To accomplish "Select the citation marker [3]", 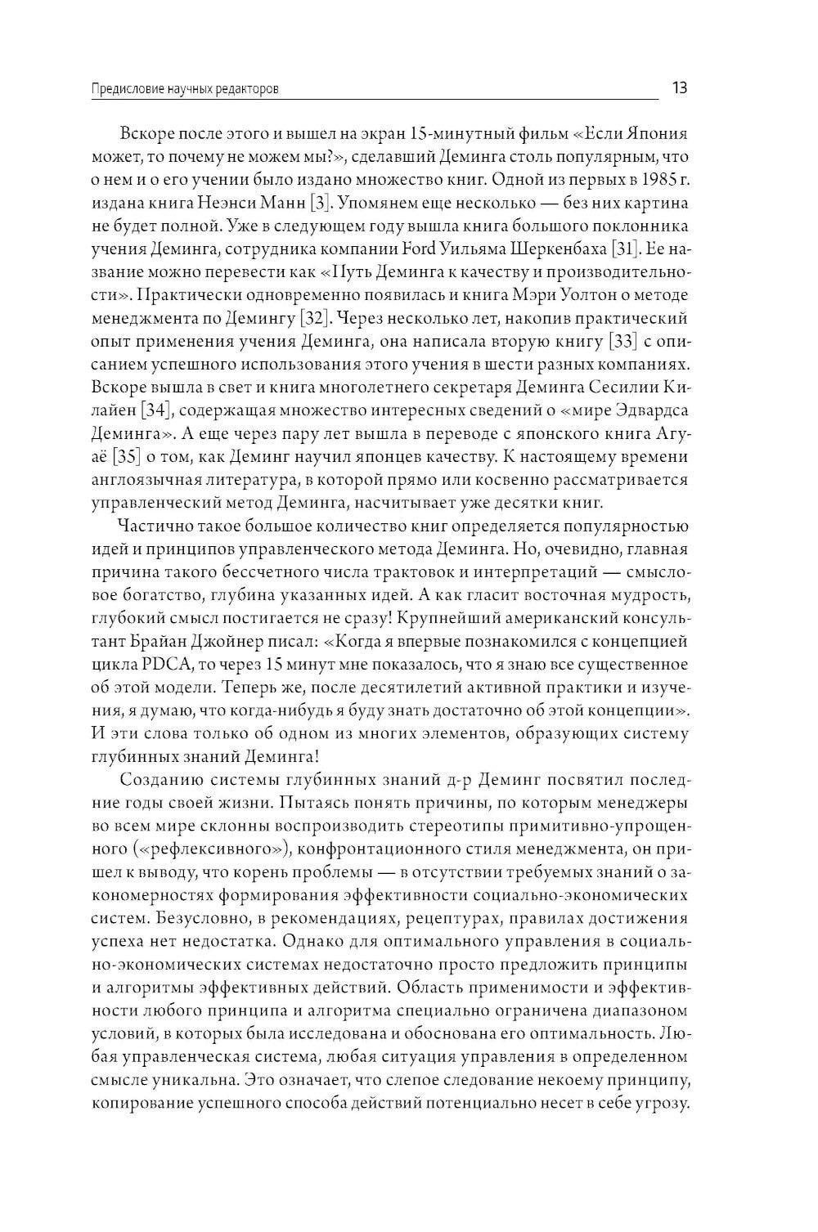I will tap(328, 202).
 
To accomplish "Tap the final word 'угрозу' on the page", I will tap(659, 1103).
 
